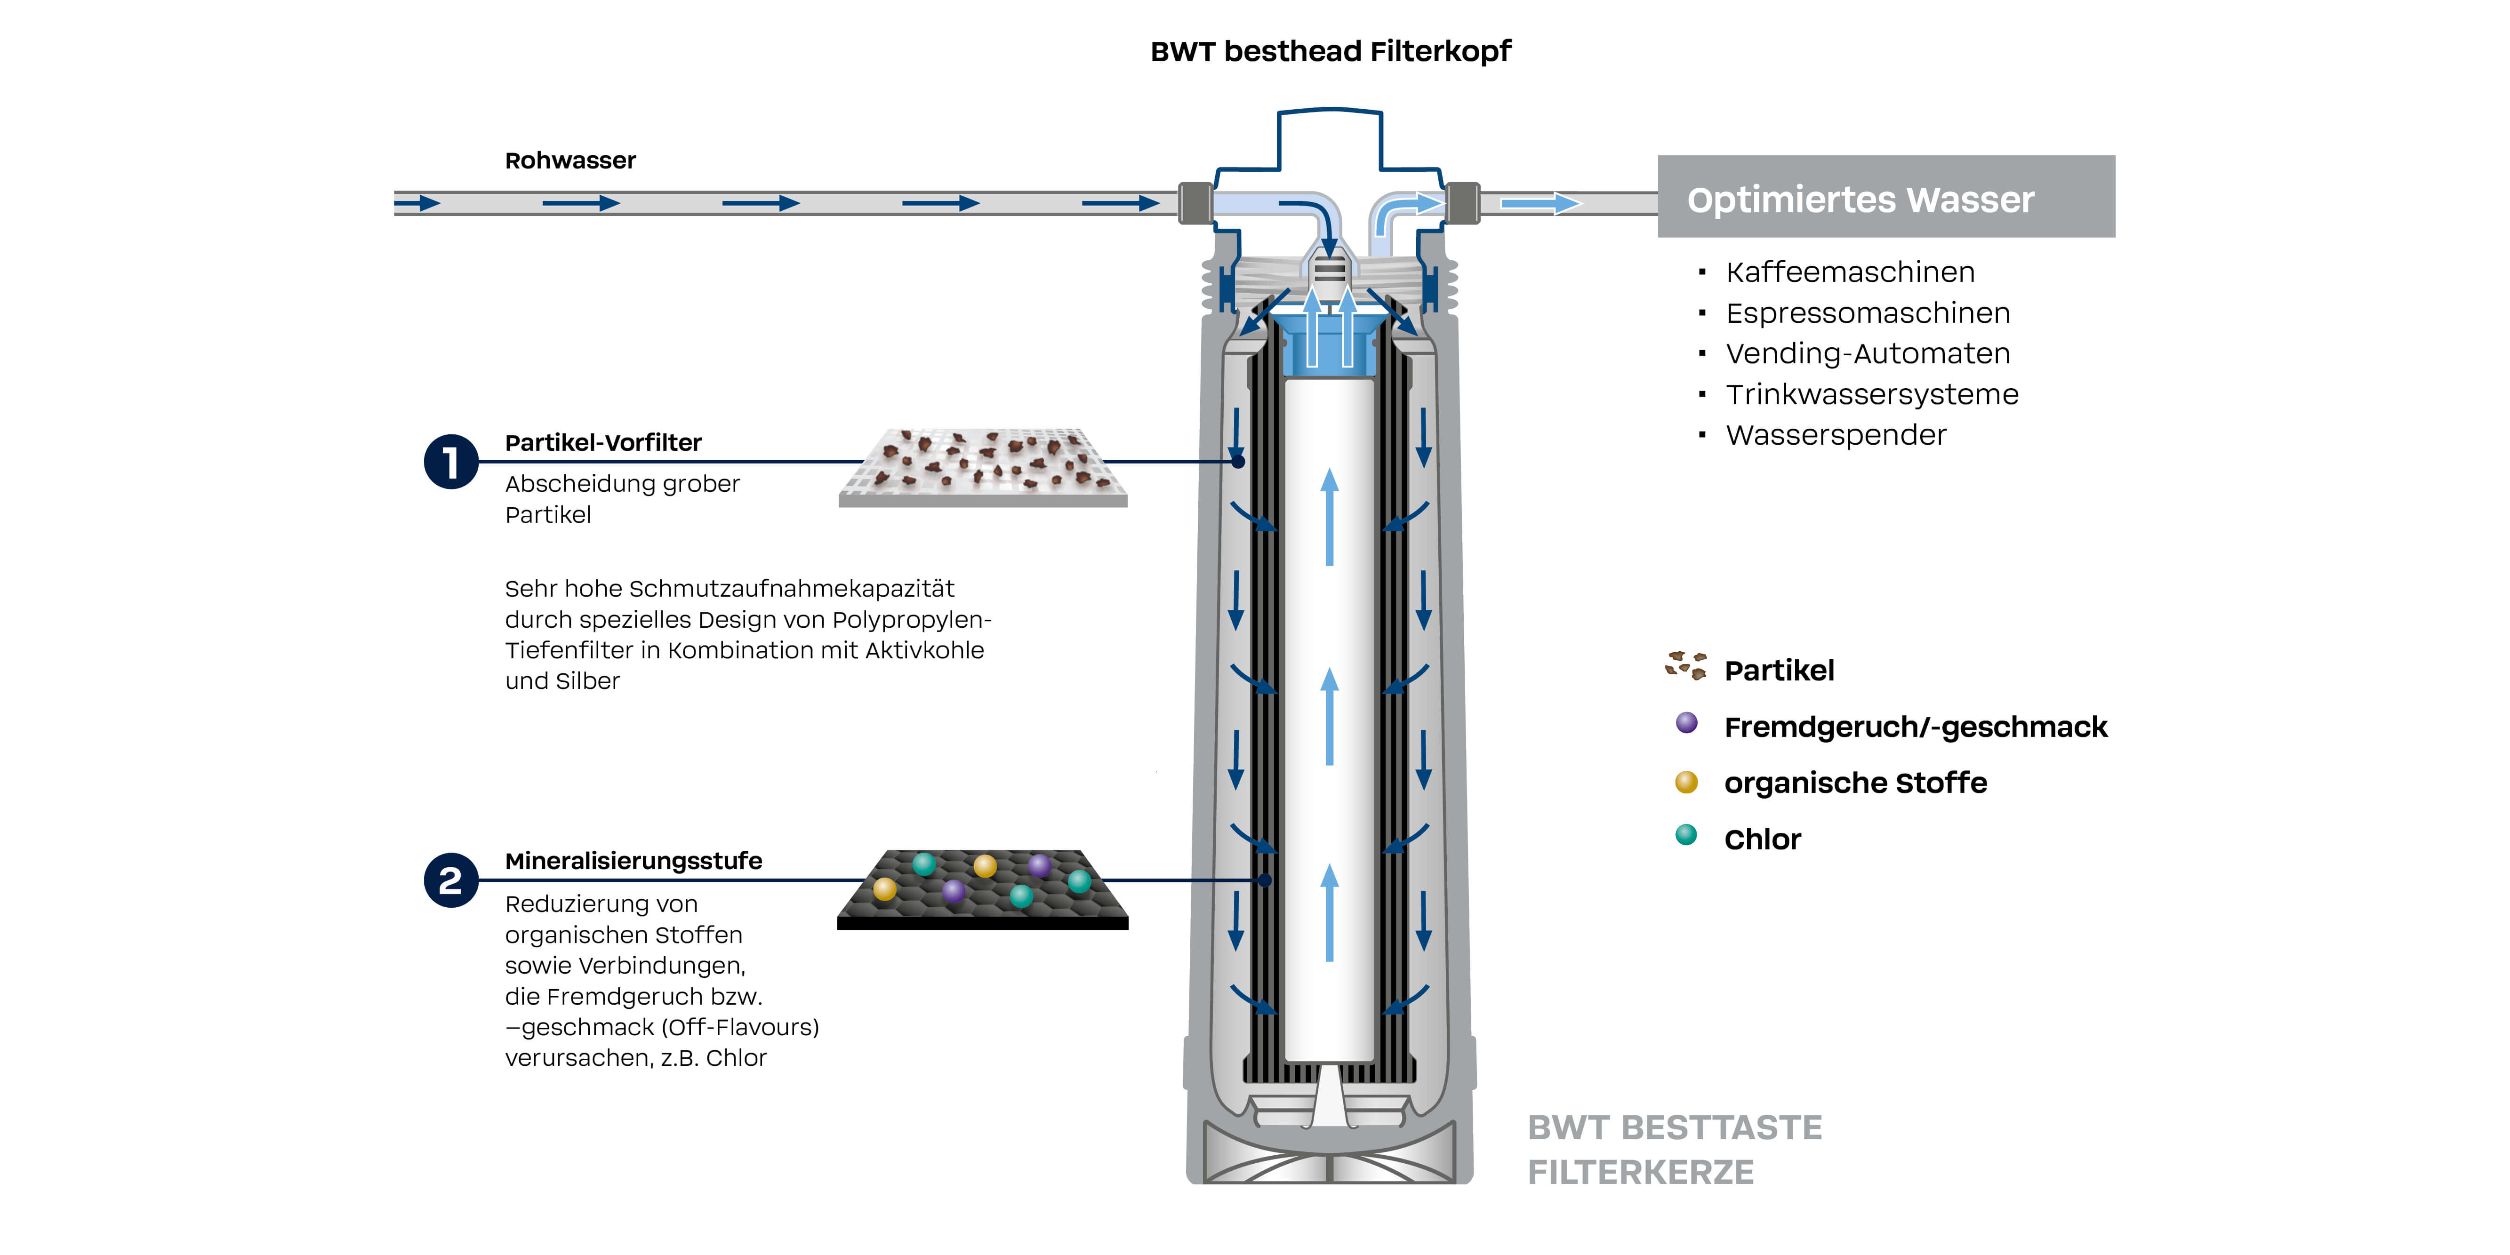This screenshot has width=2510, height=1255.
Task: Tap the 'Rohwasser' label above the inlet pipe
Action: tap(570, 161)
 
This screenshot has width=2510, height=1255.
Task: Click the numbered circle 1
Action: tap(450, 462)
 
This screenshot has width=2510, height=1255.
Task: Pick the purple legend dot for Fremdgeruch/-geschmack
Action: tap(1687, 723)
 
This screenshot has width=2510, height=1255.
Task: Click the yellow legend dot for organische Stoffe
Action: tap(1687, 782)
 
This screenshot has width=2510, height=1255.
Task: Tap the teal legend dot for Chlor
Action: tap(1687, 835)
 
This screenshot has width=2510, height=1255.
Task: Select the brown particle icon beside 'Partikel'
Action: tap(1686, 665)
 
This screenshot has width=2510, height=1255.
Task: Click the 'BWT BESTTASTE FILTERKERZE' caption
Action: tap(1674, 1150)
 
